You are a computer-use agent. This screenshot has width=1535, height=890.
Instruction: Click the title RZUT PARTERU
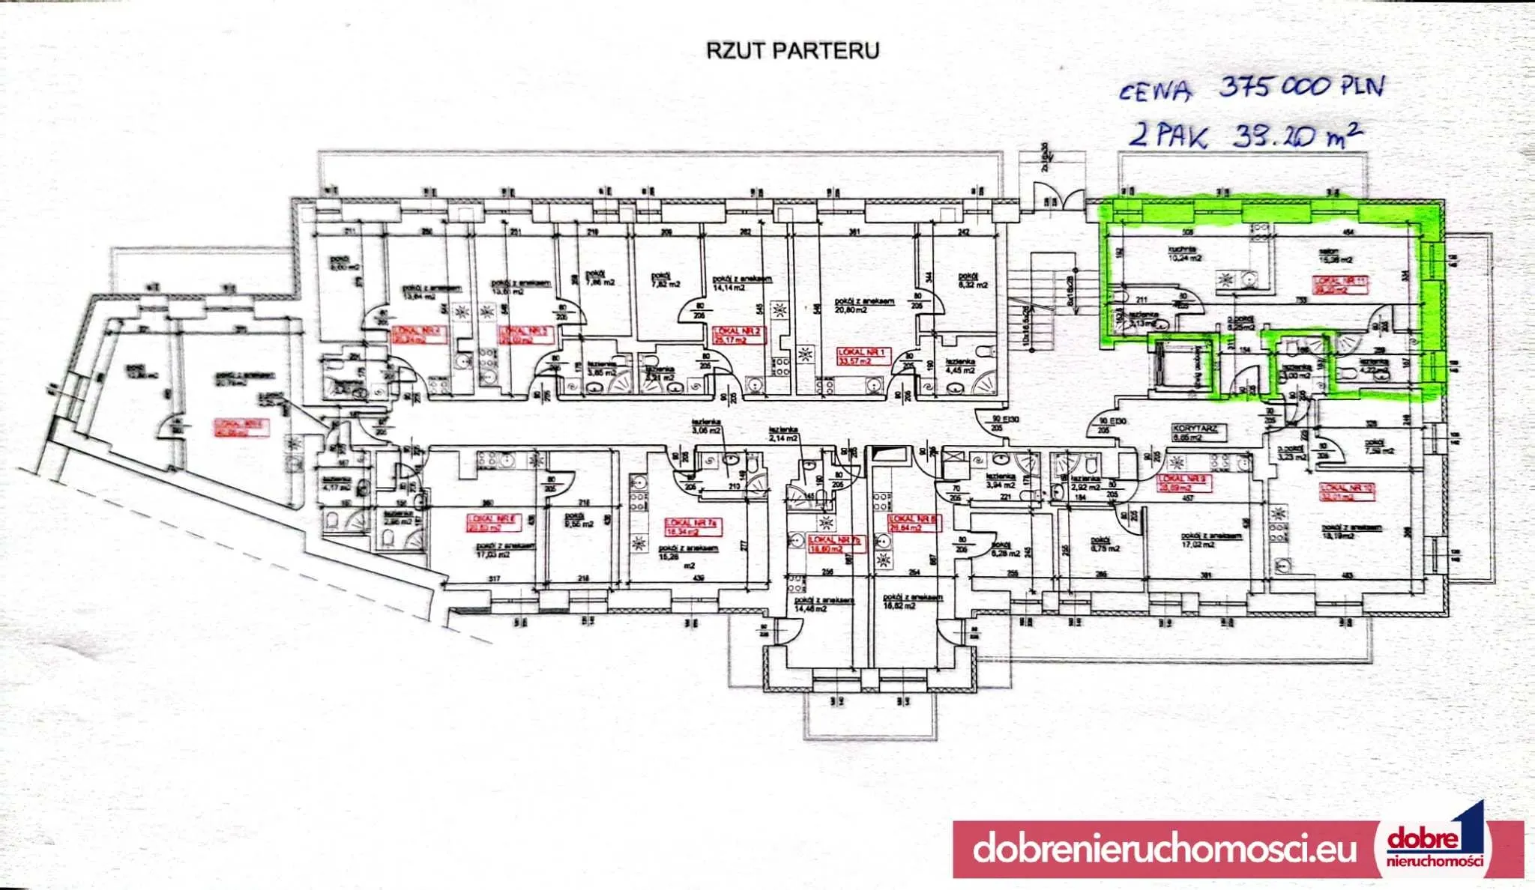(x=793, y=50)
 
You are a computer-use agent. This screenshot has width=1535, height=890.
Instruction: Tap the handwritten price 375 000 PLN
(x=1301, y=87)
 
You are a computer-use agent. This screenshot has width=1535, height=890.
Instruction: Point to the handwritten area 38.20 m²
(x=1297, y=137)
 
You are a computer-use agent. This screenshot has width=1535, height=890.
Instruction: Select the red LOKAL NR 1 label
(x=863, y=356)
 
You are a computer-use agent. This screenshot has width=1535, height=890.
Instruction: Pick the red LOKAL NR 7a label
(x=693, y=527)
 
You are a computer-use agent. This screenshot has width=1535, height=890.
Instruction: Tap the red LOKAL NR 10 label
(x=1348, y=491)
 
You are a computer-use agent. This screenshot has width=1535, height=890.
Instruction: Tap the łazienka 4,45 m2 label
(x=959, y=365)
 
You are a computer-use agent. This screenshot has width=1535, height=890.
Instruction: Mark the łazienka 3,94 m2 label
(x=1001, y=480)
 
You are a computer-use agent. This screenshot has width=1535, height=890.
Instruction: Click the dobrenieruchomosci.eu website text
(x=1165, y=849)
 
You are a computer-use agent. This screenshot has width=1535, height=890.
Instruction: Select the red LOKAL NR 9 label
(x=1185, y=482)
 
